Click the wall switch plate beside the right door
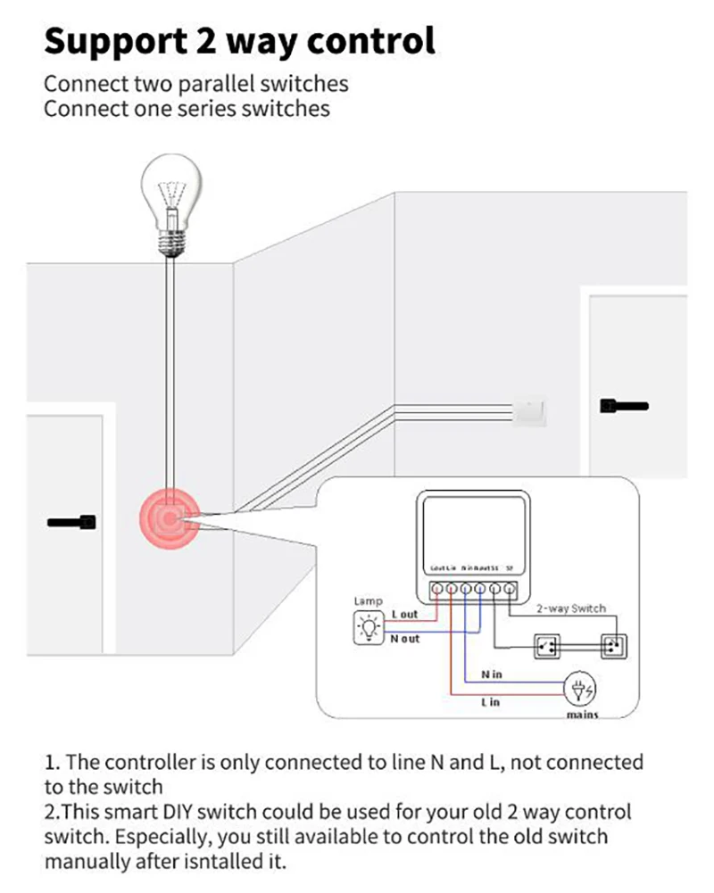point(530,409)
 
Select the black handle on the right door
point(624,406)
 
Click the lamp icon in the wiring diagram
point(368,628)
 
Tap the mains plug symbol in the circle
point(581,689)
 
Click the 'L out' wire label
point(404,615)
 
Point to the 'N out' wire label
point(404,639)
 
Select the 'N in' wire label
point(491,674)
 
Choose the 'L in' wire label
point(491,702)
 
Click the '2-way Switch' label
point(570,608)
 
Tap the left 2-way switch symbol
point(545,644)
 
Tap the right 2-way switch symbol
point(612,644)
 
